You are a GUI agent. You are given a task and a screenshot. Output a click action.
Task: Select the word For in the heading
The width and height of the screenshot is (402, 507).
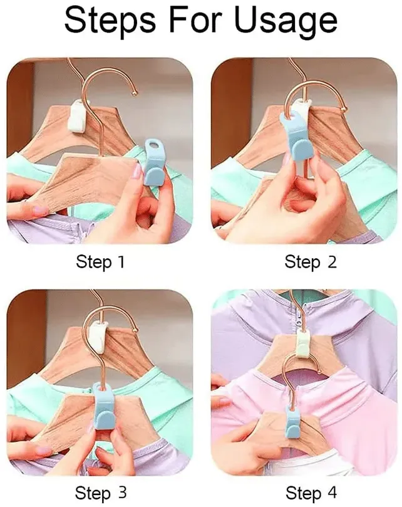tap(195, 19)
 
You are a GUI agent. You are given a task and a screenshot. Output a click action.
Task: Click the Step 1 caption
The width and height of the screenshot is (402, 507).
tap(100, 262)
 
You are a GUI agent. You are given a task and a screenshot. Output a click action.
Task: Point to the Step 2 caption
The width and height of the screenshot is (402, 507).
tap(311, 262)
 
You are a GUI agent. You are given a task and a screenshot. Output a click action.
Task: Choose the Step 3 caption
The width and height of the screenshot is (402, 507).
tap(100, 493)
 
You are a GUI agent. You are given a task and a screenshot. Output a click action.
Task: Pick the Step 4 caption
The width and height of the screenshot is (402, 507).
tap(311, 493)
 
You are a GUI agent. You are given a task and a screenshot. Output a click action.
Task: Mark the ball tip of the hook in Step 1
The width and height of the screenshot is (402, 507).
tap(135, 93)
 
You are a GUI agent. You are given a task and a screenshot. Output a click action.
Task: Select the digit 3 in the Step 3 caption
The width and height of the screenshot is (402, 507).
tap(121, 493)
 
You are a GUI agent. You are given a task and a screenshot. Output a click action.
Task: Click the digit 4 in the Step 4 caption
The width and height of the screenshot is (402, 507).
tap(331, 493)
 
